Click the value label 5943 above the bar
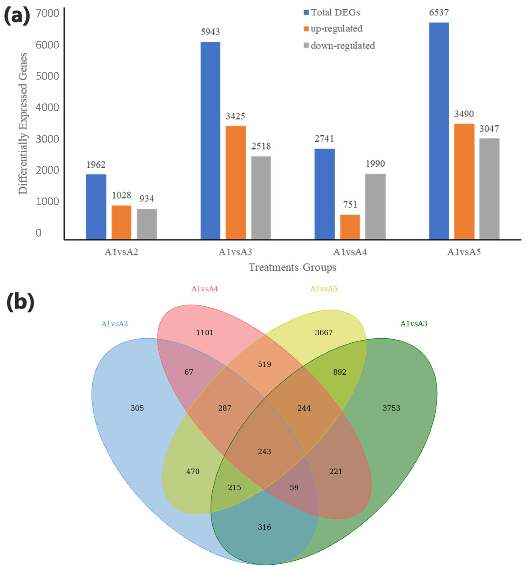tap(210, 32)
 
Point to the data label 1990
tap(375, 164)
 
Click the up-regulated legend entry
tap(333, 29)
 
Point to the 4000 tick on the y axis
tap(47, 107)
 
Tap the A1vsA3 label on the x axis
tap(235, 252)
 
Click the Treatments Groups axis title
tap(292, 267)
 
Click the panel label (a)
tap(17, 16)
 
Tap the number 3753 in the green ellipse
tap(391, 408)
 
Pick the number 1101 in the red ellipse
tap(204, 332)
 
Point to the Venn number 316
tap(264, 527)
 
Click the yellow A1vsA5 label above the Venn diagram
tap(324, 289)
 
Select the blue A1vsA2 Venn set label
tap(115, 324)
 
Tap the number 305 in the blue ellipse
tap(137, 408)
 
